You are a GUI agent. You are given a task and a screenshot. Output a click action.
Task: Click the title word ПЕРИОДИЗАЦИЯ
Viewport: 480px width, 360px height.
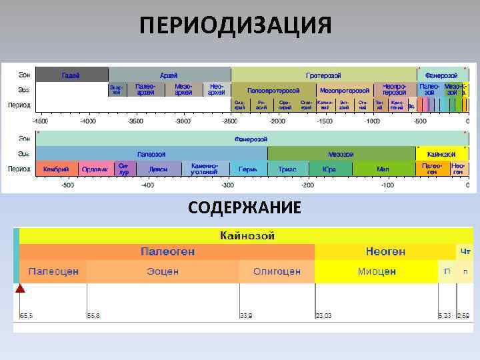[236, 26]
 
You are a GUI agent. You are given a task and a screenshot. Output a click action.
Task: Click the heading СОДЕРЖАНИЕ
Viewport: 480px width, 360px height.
[244, 208]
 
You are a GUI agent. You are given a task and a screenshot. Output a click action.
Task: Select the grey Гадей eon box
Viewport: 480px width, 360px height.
[71, 75]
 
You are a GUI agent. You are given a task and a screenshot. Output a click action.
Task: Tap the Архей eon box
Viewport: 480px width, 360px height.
[169, 75]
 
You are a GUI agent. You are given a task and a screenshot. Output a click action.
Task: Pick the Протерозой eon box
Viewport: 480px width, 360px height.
[323, 75]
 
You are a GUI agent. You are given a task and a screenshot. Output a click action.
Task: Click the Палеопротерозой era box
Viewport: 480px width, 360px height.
[273, 90]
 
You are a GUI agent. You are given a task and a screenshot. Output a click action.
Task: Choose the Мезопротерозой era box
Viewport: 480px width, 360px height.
[345, 90]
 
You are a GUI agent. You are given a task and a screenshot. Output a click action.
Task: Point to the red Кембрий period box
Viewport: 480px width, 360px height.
[57, 169]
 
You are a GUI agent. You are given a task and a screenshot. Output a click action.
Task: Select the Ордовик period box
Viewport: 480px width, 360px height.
[96, 169]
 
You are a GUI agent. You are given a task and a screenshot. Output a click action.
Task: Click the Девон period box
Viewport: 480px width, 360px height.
[158, 169]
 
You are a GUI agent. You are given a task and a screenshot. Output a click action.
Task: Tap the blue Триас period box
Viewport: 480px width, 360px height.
[287, 169]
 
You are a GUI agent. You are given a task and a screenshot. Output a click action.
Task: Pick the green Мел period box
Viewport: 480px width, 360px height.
[383, 169]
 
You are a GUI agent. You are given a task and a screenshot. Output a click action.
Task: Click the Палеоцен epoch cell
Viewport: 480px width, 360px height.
[53, 271]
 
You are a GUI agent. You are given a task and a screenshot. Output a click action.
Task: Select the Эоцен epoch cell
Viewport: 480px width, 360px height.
[163, 271]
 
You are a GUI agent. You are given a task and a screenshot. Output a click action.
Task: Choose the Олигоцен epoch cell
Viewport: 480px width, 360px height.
[277, 271]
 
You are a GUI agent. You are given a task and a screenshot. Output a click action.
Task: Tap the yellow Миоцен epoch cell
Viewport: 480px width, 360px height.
[377, 271]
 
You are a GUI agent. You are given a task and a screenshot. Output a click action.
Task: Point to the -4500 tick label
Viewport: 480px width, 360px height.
[41, 121]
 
